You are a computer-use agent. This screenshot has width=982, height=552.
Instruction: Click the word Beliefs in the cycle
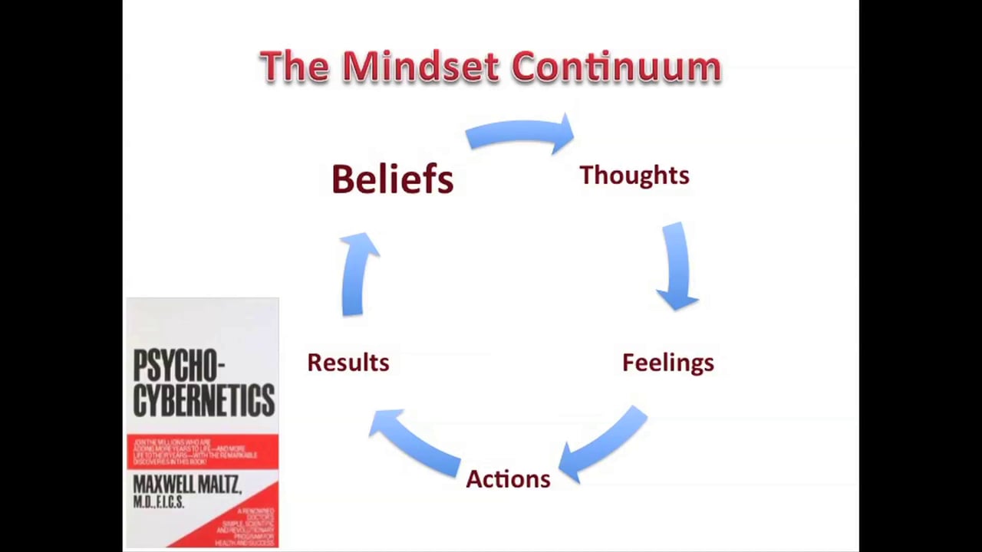392,179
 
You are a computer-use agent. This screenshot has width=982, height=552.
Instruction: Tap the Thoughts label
634,176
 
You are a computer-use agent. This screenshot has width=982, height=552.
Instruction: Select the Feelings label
667,363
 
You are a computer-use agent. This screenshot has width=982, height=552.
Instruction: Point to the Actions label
508,479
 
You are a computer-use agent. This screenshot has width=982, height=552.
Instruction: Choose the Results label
348,363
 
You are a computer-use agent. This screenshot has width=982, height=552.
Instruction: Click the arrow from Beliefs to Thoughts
519,135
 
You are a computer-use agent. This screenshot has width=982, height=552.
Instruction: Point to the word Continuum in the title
616,67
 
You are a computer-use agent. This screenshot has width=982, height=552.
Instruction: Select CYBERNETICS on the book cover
203,399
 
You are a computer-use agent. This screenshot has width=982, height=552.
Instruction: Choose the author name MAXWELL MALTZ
186,485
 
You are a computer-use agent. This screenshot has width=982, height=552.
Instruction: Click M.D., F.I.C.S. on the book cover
159,501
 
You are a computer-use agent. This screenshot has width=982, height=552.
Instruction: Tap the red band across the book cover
203,452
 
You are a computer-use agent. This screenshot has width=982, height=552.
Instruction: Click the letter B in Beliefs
341,179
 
